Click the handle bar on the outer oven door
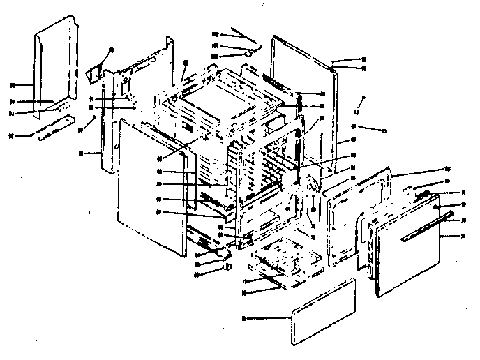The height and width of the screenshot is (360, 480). coord(423,230)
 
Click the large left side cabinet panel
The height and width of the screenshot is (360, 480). coord(150,188)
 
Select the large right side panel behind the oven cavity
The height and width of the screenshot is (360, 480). coord(307,98)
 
